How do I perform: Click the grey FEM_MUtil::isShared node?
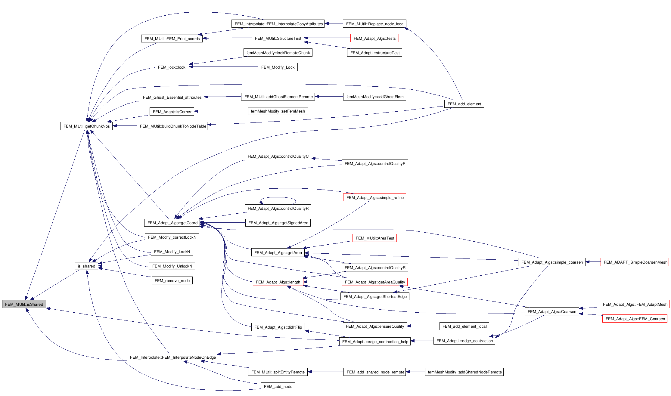tap(24, 304)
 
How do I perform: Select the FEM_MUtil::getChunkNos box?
tap(86, 126)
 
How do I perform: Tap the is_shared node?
tap(86, 266)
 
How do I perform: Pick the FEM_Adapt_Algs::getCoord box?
tap(172, 223)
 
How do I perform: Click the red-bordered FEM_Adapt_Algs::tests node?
tap(374, 38)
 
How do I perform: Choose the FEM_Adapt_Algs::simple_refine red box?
tap(374, 197)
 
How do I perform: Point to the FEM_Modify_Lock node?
tap(278, 67)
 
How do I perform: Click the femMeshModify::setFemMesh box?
tap(278, 111)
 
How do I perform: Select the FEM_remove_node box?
tap(172, 280)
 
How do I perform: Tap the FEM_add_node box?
tap(278, 386)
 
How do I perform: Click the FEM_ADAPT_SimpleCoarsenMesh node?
tap(635, 262)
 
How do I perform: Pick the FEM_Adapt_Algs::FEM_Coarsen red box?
tap(635, 319)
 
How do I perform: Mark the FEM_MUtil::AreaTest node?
tap(374, 238)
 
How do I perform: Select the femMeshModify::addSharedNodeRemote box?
tap(464, 372)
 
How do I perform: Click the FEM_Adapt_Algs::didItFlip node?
tap(278, 327)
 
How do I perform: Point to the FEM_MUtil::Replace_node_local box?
tap(375, 24)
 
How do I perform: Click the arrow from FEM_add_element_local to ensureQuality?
tap(423, 326)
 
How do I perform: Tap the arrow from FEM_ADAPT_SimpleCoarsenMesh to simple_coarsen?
tap(593, 262)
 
